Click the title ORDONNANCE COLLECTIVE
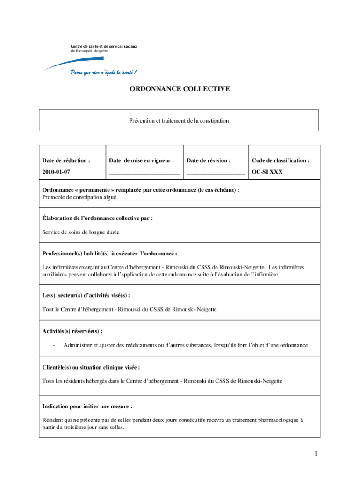(180, 88)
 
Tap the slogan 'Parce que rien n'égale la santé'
(103, 73)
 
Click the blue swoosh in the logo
(75, 61)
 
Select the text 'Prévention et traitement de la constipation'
(179, 121)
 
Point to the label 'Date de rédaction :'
(66, 160)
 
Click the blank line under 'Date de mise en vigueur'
(144, 173)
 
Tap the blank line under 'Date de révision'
(216, 173)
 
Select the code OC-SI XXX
(267, 172)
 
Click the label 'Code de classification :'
(281, 160)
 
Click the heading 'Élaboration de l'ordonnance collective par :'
(98, 218)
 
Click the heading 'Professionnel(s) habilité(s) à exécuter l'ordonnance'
(110, 254)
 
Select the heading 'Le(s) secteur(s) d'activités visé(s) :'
(86, 296)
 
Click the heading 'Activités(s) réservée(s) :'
(72, 331)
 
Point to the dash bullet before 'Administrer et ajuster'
(54, 345)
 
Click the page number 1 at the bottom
(316, 454)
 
